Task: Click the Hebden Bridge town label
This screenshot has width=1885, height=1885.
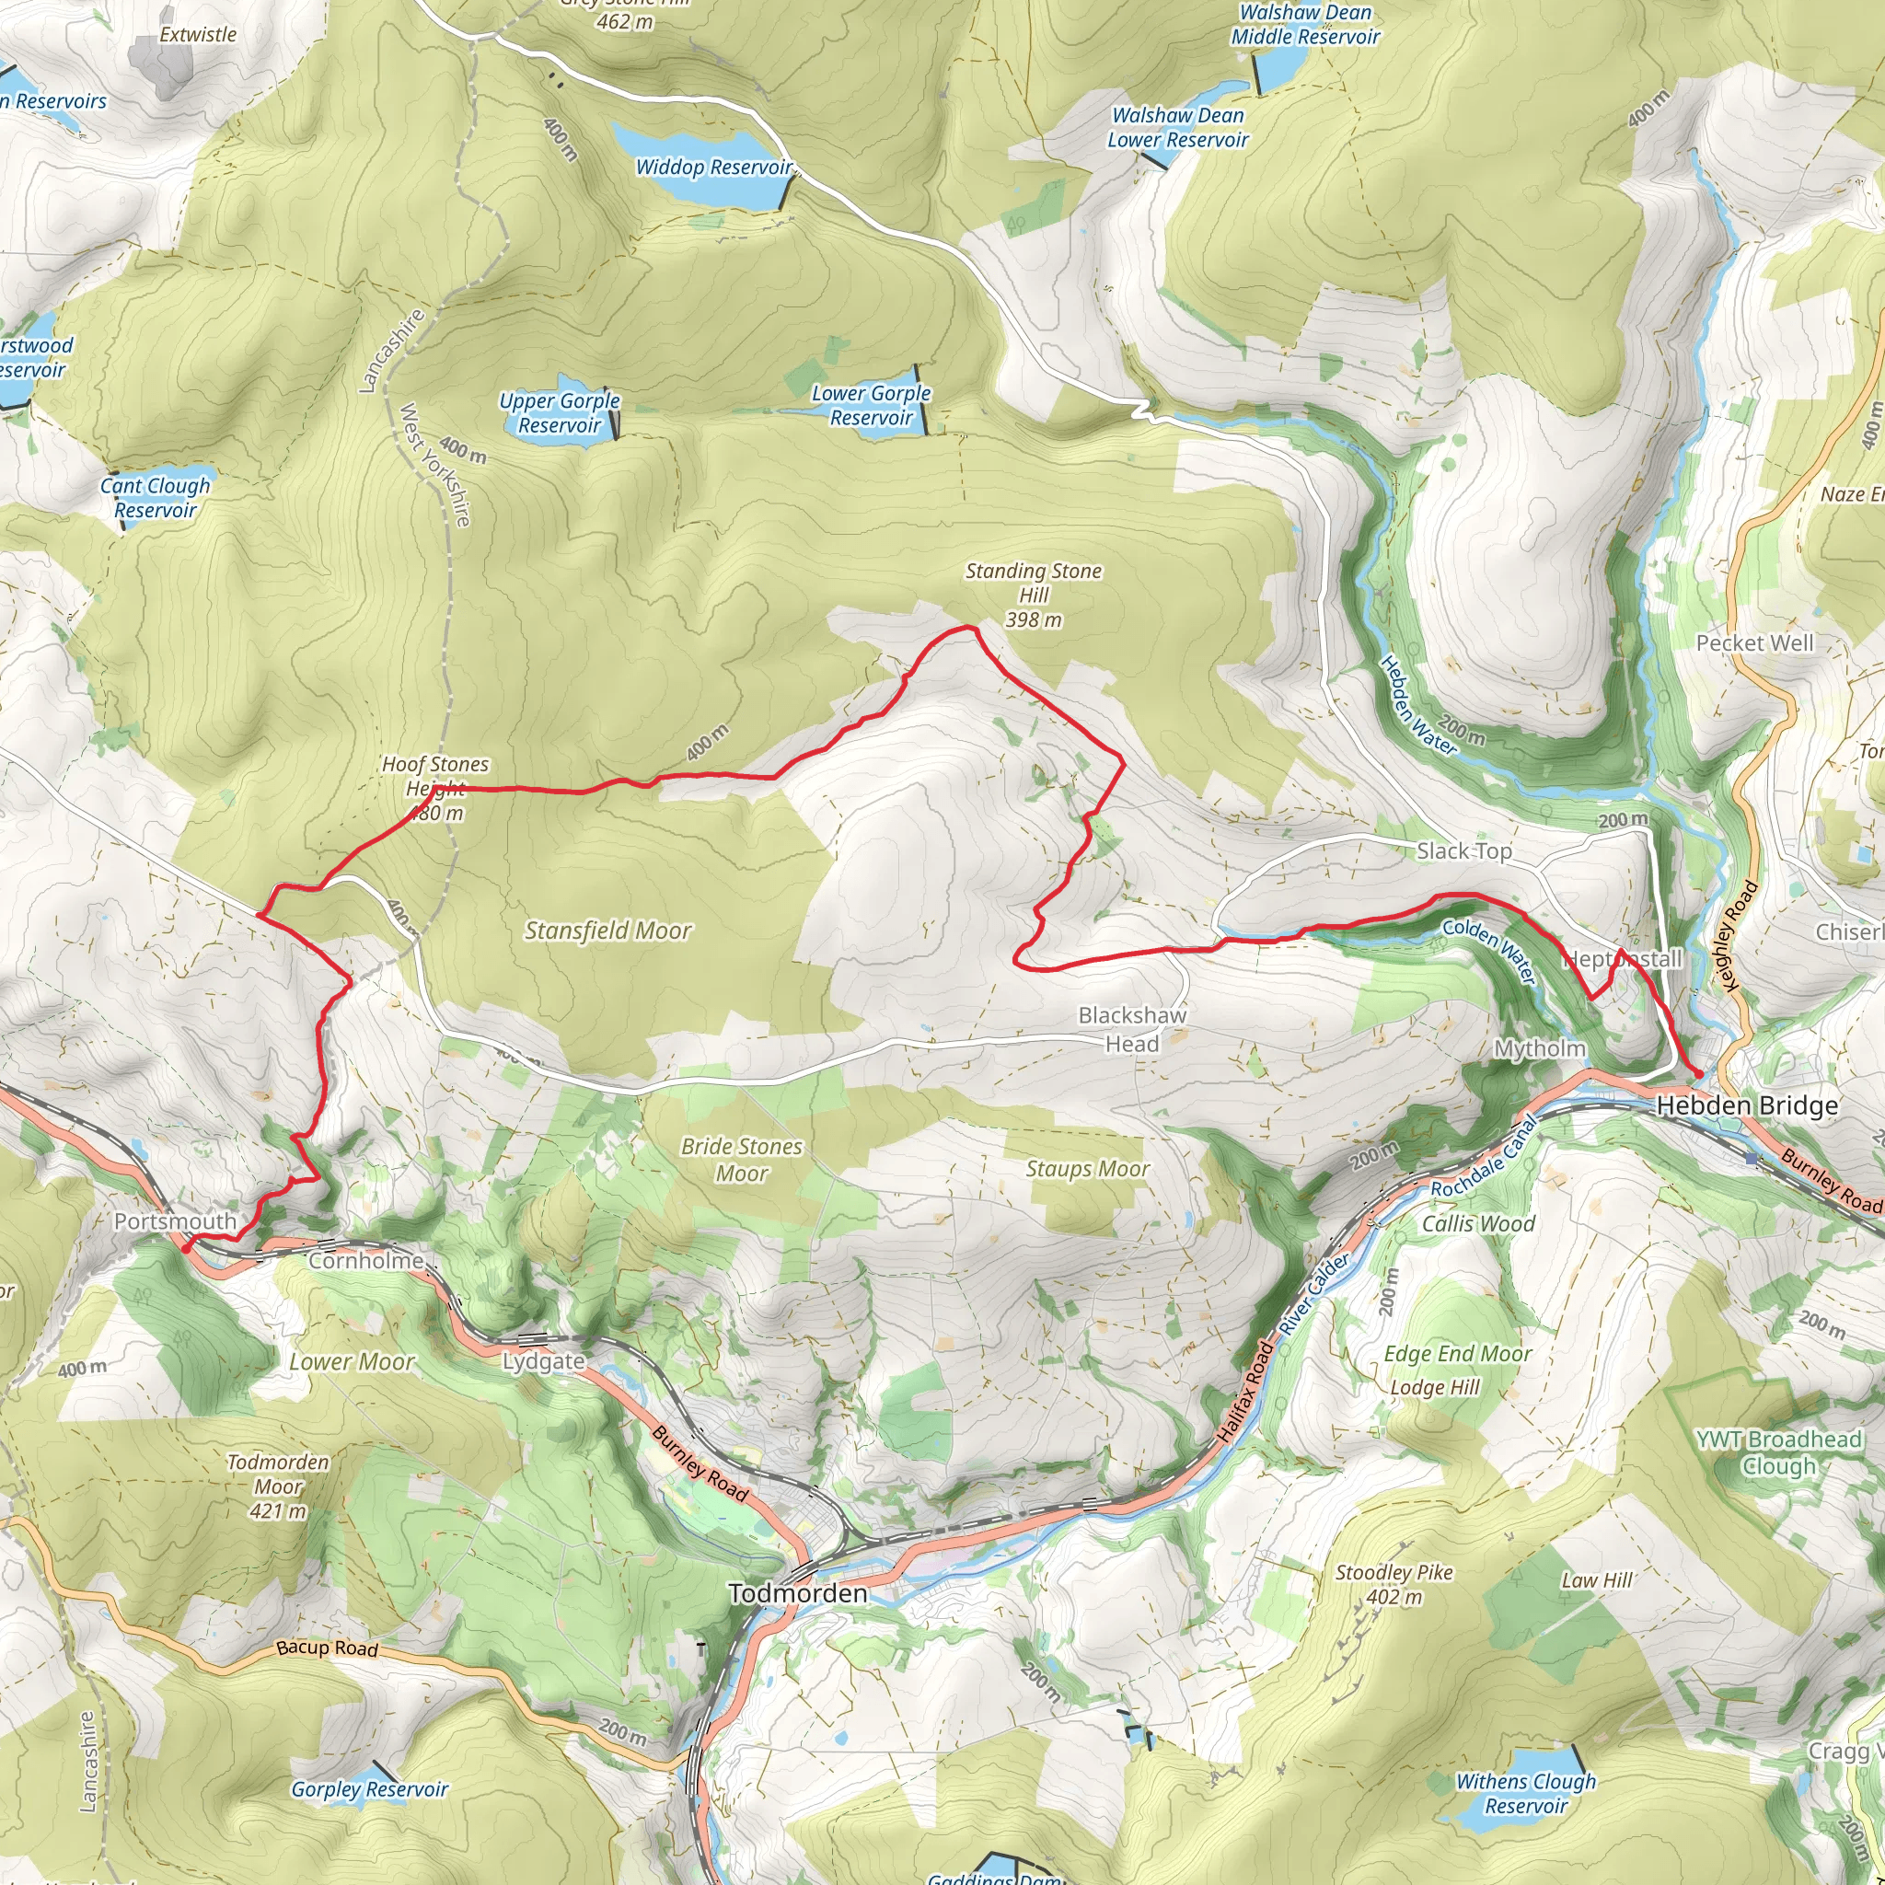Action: click(1746, 1105)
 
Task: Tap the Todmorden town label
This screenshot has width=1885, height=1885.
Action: click(797, 1593)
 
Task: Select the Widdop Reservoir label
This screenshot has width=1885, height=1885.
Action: click(713, 167)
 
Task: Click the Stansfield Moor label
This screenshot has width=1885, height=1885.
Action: click(607, 931)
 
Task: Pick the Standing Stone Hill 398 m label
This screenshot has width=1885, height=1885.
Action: click(1034, 595)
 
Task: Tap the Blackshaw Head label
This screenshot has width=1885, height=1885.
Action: click(1132, 1029)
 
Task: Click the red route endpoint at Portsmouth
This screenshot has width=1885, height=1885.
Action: click(186, 1248)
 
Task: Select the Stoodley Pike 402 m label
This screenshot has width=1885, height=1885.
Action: click(1394, 1585)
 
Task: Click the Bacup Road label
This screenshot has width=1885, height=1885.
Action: click(327, 1648)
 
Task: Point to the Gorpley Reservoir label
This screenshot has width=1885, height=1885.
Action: click(369, 1788)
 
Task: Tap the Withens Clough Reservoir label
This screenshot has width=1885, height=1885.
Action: click(1526, 1793)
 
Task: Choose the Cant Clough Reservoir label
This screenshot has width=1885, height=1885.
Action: click(156, 498)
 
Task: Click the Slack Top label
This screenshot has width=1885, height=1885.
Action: click(1463, 850)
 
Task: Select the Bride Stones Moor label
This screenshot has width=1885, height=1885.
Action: click(742, 1159)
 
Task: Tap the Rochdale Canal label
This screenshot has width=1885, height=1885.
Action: click(1484, 1157)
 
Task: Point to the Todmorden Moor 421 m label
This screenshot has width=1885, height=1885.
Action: click(278, 1486)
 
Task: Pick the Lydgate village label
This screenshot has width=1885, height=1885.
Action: click(543, 1361)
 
